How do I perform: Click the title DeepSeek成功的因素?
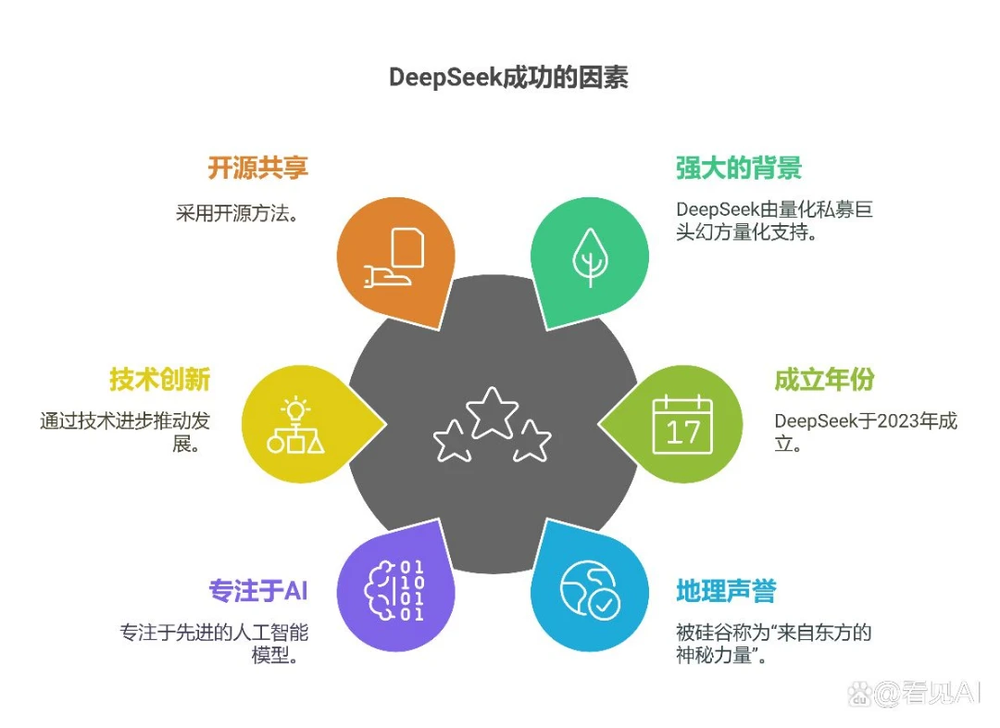click(x=508, y=77)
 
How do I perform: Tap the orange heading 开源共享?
click(x=257, y=168)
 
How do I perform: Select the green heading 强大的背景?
click(x=739, y=168)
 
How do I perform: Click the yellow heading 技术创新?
click(x=159, y=379)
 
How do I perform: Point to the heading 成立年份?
click(x=824, y=379)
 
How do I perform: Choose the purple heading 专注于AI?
click(x=258, y=590)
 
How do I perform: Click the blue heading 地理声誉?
click(x=726, y=590)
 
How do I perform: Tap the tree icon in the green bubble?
click(x=590, y=257)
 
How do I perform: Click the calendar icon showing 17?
click(x=682, y=423)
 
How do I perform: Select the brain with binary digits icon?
click(x=394, y=590)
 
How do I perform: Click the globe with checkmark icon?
click(x=589, y=590)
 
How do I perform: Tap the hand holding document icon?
click(x=394, y=257)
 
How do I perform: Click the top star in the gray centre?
click(x=492, y=412)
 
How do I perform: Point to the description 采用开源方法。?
click(x=238, y=212)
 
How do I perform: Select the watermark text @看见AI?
click(x=927, y=693)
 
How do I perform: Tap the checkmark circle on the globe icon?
click(x=604, y=604)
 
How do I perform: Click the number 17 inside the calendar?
click(x=682, y=432)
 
